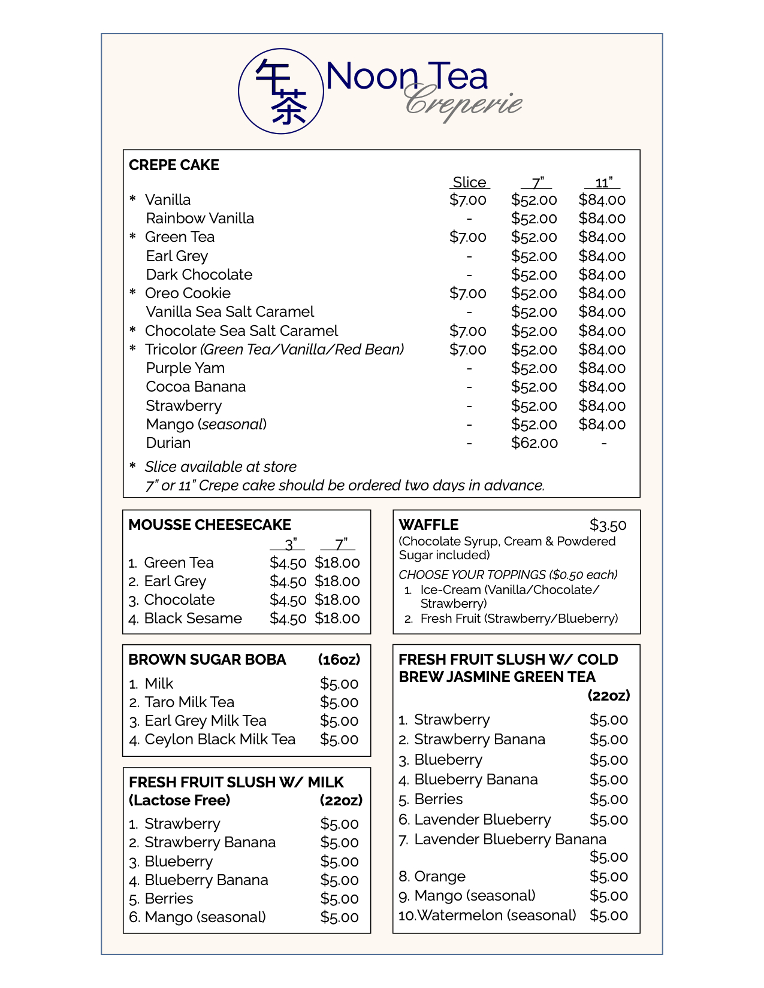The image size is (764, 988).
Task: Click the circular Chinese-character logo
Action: pos(281,91)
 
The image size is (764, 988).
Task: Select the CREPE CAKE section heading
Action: pos(174,165)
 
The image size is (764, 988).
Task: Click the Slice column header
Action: pos(469,183)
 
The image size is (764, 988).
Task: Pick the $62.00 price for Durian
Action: pos(534,443)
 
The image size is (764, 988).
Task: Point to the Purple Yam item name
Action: pos(185,368)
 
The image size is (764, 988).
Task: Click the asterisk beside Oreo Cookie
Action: pos(133,293)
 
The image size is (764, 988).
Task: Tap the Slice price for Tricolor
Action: pos(467,350)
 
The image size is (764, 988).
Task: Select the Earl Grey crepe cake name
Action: pos(177,256)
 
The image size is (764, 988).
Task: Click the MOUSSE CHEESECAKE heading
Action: pos(209,525)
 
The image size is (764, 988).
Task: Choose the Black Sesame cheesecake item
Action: pos(192,619)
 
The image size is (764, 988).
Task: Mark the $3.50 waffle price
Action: pos(608,526)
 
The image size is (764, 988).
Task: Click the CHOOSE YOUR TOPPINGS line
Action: pos(508,575)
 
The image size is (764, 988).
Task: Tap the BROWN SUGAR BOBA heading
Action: pos(207,660)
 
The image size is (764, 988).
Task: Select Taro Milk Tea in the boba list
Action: pos(189,702)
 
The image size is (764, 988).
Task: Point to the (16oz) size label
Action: pos(339,660)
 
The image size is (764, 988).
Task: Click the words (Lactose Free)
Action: pos(179,801)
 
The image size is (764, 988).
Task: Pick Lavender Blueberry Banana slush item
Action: pos(509,840)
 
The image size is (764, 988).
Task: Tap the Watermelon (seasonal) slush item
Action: pos(496,916)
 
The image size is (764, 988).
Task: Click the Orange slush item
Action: pos(439,877)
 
